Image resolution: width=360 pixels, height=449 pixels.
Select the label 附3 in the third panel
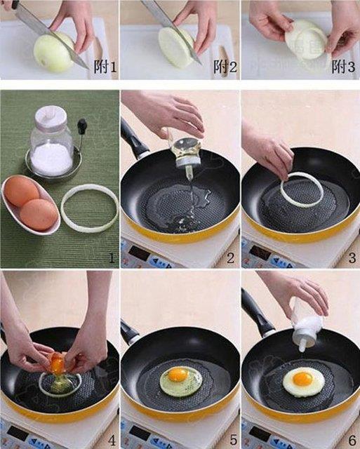tap(344, 67)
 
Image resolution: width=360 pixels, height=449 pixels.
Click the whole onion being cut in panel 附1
tap(55, 53)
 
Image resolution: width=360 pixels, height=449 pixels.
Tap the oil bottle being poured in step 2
tap(187, 150)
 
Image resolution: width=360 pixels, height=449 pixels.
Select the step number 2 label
tap(230, 257)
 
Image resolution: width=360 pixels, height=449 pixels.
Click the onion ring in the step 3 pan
tap(302, 192)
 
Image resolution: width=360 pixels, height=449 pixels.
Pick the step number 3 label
tap(352, 257)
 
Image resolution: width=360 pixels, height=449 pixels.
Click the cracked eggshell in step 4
tap(58, 363)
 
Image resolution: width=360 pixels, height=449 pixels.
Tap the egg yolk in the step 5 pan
tap(178, 375)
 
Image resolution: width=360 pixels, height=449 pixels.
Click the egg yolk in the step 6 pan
tap(302, 379)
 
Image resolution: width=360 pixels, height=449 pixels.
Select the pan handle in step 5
tap(131, 333)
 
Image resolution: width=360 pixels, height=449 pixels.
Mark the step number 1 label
tap(110, 257)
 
